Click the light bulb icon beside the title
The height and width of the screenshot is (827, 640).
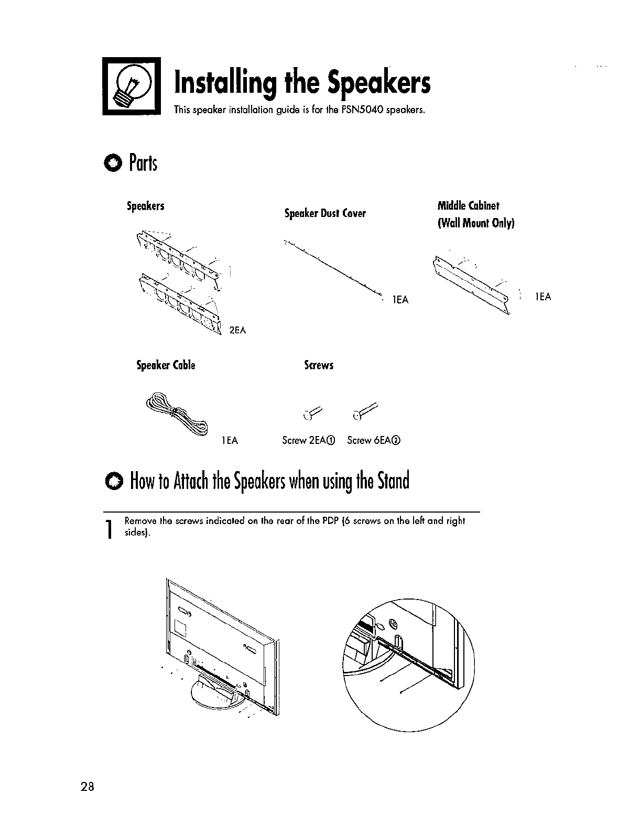coord(131,86)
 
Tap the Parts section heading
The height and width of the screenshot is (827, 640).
coord(142,164)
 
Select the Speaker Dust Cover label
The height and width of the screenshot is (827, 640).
coord(325,213)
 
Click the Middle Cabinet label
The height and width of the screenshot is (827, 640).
coord(469,205)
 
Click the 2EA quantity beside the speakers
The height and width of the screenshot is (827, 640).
coord(238,330)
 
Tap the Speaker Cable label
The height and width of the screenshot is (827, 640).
coord(166,365)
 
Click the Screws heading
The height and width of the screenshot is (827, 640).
coord(319,365)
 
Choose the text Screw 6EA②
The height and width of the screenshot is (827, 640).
coord(374,441)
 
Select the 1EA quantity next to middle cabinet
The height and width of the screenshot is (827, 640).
coord(543,297)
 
